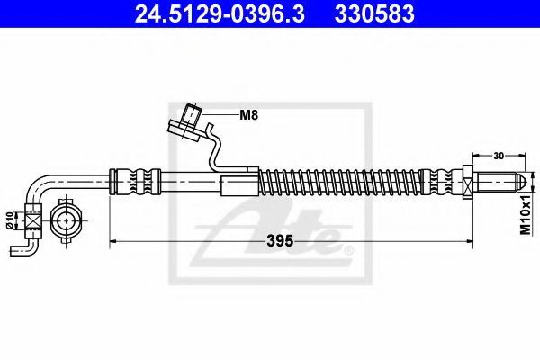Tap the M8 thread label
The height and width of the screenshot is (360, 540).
tap(249, 115)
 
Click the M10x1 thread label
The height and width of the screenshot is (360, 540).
tap(527, 220)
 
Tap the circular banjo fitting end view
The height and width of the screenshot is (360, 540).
tap(68, 219)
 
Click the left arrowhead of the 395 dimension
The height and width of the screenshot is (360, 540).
tap(113, 241)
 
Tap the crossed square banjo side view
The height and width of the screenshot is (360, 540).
tap(33, 219)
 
